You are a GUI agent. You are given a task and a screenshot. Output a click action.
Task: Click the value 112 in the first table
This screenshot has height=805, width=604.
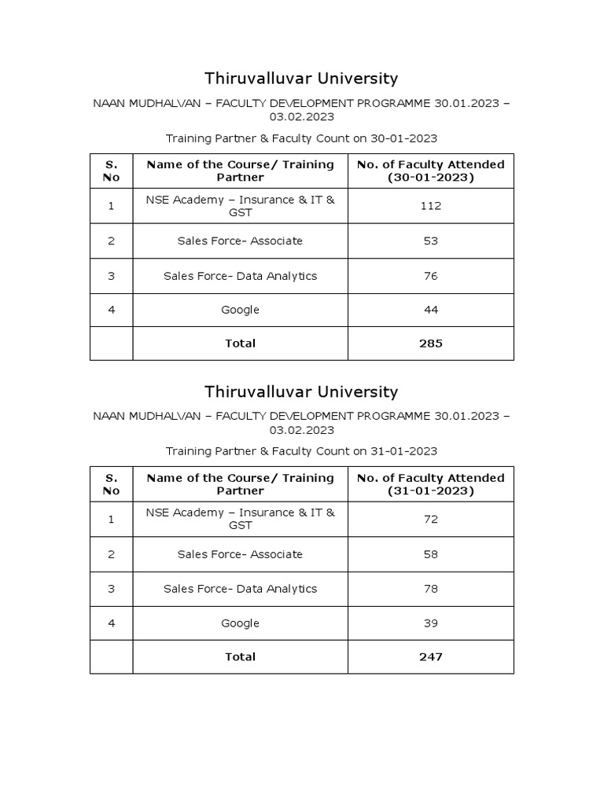pos(430,206)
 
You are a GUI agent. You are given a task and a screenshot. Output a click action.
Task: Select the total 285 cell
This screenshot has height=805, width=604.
pos(430,344)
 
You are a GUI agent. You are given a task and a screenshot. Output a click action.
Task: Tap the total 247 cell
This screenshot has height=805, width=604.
pos(430,656)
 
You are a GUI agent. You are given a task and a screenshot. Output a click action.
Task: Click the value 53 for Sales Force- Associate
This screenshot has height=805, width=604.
pos(430,241)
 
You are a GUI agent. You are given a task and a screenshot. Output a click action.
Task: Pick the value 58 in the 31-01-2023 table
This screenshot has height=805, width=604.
pos(430,554)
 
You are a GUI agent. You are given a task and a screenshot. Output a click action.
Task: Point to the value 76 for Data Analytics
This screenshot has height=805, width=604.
pos(430,276)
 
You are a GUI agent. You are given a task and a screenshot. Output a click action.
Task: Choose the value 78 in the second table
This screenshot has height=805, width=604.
pos(430,589)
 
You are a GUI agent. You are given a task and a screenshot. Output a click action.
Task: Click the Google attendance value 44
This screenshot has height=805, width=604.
pos(430,310)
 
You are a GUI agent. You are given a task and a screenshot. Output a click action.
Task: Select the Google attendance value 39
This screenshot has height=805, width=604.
pos(430,623)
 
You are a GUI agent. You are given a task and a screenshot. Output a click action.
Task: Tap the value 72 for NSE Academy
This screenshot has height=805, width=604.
pos(430,519)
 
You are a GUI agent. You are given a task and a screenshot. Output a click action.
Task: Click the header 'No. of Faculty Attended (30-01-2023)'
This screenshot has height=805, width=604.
pos(430,171)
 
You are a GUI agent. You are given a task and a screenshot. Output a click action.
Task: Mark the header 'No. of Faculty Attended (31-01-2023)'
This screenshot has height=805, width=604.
pos(430,484)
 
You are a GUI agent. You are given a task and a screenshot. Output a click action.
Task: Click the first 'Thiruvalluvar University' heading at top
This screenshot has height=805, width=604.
pos(301,79)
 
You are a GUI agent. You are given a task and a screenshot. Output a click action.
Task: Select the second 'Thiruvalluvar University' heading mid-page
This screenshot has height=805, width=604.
pos(301,391)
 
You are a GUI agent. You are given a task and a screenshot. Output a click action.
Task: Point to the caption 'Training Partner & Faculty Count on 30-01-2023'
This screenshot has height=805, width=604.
pos(301,138)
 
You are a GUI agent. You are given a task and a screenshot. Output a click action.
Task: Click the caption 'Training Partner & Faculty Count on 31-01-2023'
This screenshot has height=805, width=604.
pos(301,451)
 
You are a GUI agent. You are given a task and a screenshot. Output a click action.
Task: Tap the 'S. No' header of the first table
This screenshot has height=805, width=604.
pos(111,171)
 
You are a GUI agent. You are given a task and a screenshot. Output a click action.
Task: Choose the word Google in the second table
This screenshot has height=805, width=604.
pos(240,623)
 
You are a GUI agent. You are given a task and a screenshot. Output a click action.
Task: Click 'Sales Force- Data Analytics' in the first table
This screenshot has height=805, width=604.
pos(240,276)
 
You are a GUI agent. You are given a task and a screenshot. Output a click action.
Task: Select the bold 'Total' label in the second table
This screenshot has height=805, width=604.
pos(240,656)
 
